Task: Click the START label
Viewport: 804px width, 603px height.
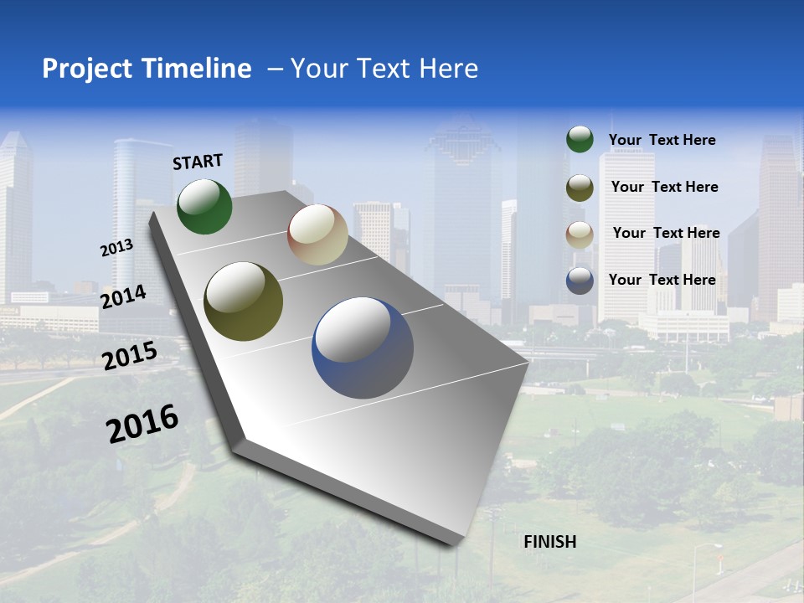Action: coord(198,162)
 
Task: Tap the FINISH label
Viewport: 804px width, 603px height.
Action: coord(549,542)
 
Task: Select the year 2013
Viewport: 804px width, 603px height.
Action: coord(116,247)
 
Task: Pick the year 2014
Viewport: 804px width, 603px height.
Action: coord(123,296)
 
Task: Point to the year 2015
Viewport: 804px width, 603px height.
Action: coord(130,355)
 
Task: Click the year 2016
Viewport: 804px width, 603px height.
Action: coord(142,424)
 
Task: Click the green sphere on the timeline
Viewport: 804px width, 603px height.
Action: coord(204,206)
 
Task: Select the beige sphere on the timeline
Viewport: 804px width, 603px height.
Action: coord(317,234)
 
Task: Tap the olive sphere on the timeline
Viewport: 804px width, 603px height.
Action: coord(243,301)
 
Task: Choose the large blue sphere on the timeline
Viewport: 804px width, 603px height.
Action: coord(363,348)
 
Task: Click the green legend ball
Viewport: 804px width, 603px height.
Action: coord(580,139)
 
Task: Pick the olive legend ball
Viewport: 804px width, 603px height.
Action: coord(580,188)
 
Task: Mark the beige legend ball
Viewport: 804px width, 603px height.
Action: coord(580,234)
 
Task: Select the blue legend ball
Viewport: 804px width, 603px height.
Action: coord(580,281)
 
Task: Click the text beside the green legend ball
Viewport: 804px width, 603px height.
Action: coord(662,140)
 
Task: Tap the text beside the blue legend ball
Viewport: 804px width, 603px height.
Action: coord(662,280)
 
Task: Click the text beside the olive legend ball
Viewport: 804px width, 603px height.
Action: coord(664,187)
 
